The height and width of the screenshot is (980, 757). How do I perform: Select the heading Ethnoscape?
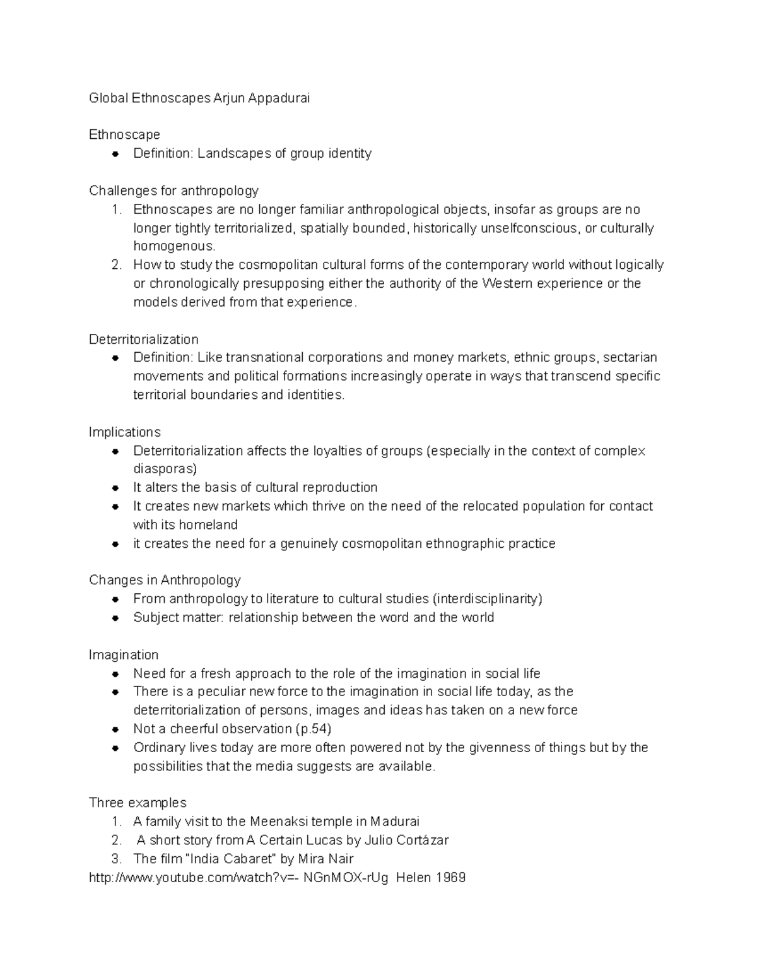point(124,134)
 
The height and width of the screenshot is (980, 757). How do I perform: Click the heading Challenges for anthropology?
point(173,191)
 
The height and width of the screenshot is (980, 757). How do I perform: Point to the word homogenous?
point(173,246)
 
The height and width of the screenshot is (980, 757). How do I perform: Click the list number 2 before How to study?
point(116,265)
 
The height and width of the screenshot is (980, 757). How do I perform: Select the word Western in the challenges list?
point(507,283)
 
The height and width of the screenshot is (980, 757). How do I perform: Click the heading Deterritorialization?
point(143,339)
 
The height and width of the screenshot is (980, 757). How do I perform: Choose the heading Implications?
point(124,432)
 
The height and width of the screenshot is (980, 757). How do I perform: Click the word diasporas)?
point(165,469)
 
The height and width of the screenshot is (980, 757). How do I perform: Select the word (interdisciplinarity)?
point(487,599)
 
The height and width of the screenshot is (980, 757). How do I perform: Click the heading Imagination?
point(124,655)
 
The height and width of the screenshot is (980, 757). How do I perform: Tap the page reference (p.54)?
point(313,729)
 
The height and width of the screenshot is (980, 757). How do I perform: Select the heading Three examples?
point(138,803)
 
